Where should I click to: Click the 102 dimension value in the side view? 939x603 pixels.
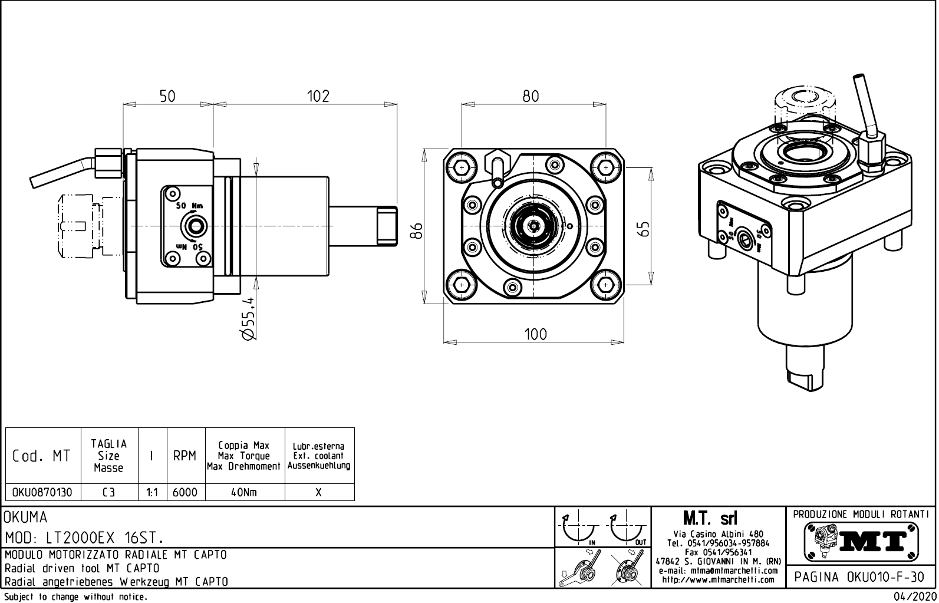click(318, 96)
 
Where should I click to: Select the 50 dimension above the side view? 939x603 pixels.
click(168, 96)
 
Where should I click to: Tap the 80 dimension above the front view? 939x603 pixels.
click(531, 96)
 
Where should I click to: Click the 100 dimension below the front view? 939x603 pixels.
click(535, 334)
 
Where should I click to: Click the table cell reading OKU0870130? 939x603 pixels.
click(42, 492)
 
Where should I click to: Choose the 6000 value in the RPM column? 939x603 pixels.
click(185, 492)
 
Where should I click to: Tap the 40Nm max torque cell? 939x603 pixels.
click(244, 492)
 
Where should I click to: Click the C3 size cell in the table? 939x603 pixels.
click(108, 492)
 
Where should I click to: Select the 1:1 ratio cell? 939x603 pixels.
click(152, 492)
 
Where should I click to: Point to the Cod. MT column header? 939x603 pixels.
click(41, 456)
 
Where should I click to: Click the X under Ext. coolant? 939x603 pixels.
click(319, 492)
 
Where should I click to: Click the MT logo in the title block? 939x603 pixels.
click(861, 541)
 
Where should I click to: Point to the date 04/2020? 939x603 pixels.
click(914, 597)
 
